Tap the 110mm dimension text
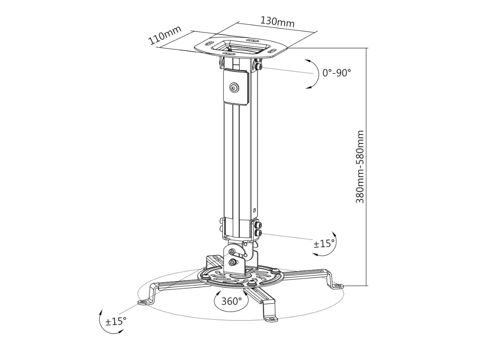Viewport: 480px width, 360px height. (x=165, y=35)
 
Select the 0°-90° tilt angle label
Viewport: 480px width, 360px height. (x=336, y=73)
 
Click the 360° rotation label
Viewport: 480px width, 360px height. (x=232, y=301)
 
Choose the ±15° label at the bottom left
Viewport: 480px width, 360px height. (x=116, y=321)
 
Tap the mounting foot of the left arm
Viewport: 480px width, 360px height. (x=143, y=302)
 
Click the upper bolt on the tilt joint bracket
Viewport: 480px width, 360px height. (x=232, y=252)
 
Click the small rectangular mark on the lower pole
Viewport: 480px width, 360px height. (x=254, y=209)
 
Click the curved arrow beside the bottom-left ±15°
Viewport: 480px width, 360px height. (x=102, y=320)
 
